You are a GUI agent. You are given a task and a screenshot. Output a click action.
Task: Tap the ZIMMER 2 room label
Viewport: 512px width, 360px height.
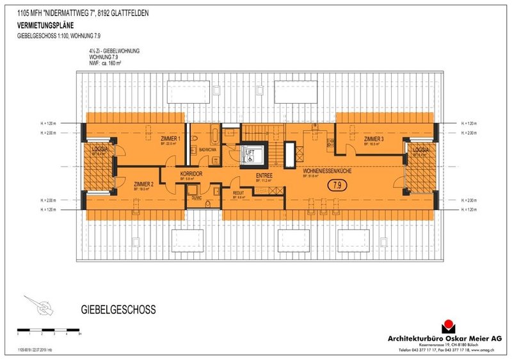coord(144,184)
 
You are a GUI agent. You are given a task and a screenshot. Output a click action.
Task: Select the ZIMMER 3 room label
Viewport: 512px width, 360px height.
coord(374,139)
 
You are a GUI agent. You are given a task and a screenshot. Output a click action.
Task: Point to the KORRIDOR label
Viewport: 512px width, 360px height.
coord(191,174)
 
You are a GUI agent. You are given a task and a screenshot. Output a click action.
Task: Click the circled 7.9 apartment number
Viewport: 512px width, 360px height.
coord(337,186)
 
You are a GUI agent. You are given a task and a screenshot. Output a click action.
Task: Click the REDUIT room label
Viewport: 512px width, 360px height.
coord(239,193)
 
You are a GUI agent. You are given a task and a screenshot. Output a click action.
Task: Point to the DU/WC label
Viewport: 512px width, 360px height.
coord(196,198)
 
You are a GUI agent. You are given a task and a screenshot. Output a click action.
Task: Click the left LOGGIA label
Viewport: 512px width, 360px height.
coord(99,149)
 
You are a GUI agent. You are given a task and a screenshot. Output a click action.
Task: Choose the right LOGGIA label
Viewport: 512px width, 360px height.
coord(420,149)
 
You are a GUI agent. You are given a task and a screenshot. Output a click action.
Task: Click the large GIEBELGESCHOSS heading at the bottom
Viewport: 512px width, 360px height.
coord(118,310)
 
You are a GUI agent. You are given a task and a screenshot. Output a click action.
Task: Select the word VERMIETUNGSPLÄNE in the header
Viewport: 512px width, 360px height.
coord(45,26)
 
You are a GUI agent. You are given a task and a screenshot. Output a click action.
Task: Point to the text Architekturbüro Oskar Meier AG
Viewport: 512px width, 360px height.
coord(445,338)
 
